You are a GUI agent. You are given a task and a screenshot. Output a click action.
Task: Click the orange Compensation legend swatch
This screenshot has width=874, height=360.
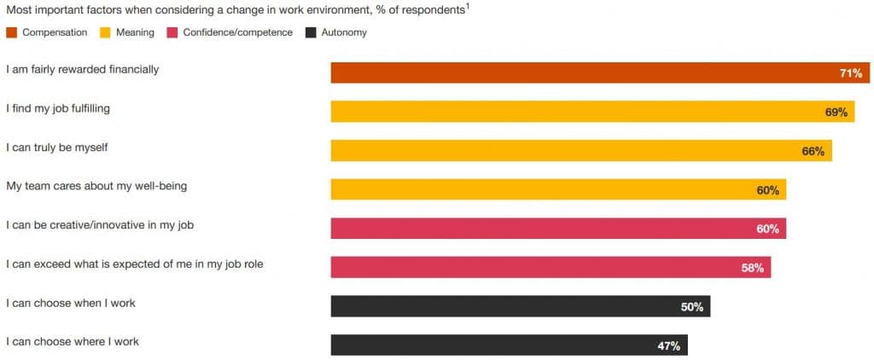(x=11, y=33)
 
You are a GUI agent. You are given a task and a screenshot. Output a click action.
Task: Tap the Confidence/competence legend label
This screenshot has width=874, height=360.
(x=237, y=33)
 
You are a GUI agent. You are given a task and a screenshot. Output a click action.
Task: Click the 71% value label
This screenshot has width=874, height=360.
(x=850, y=73)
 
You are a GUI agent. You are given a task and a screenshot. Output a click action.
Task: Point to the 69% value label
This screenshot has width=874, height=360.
(x=836, y=113)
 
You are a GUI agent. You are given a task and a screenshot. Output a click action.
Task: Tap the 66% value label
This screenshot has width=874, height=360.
(x=813, y=151)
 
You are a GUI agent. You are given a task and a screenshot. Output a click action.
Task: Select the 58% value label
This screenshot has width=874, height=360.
(x=752, y=268)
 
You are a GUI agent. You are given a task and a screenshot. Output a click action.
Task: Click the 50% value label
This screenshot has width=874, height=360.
(x=691, y=307)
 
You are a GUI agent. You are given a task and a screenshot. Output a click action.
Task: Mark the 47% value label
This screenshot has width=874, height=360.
(x=668, y=345)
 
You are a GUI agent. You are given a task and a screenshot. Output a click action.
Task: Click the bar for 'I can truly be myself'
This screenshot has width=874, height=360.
(x=580, y=151)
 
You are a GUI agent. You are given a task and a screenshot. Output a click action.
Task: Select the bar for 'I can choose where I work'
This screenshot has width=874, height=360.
(x=509, y=345)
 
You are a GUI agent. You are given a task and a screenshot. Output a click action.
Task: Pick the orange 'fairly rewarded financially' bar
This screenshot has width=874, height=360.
(x=597, y=73)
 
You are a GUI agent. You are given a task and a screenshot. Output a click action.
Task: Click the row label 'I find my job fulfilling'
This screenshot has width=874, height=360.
(x=58, y=108)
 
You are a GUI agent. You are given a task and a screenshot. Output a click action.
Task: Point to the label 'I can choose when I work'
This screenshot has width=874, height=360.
(x=71, y=303)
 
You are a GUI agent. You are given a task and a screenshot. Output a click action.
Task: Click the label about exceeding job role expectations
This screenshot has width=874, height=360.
(x=134, y=264)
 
